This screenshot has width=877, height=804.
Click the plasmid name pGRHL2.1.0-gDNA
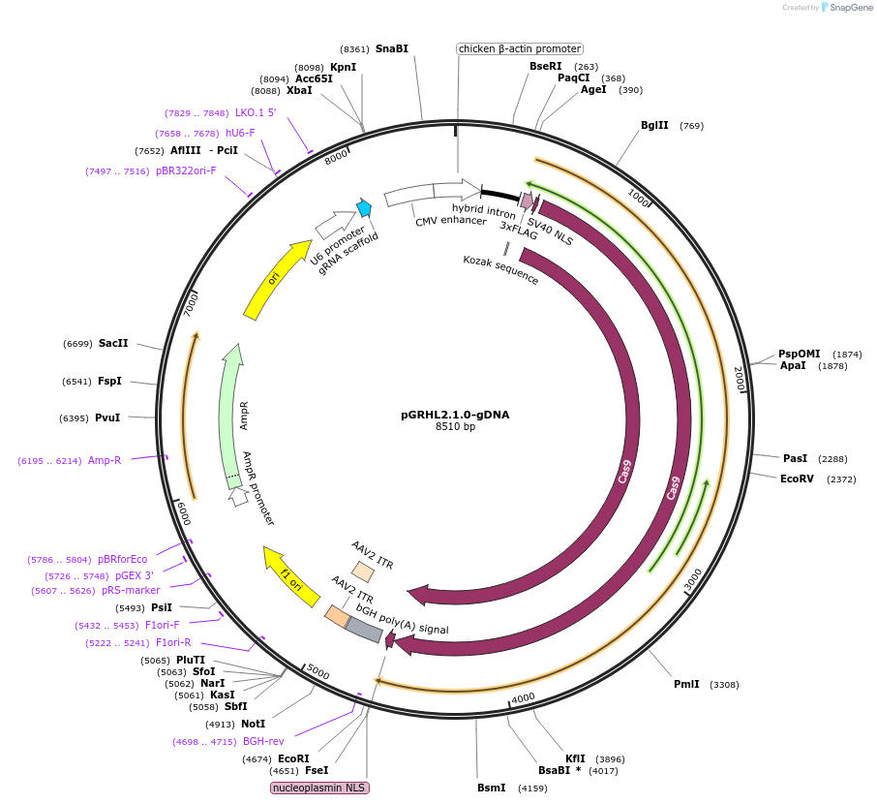coord(455,415)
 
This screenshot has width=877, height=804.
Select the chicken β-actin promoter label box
coord(520,48)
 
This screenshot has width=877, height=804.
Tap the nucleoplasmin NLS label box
coord(319,788)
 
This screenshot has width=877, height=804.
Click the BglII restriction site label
coord(654,125)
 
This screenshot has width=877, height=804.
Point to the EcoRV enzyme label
coord(798,479)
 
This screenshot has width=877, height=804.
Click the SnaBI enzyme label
coord(392,48)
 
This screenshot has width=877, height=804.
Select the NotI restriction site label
coord(253,724)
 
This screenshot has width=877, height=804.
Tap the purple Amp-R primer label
coord(105,460)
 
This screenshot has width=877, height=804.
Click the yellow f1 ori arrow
coord(291,575)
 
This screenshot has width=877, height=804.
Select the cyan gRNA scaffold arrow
coord(364,207)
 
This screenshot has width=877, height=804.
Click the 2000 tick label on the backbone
coord(740,379)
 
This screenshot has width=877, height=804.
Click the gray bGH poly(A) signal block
coord(364,630)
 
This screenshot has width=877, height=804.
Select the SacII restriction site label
coord(113,343)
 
